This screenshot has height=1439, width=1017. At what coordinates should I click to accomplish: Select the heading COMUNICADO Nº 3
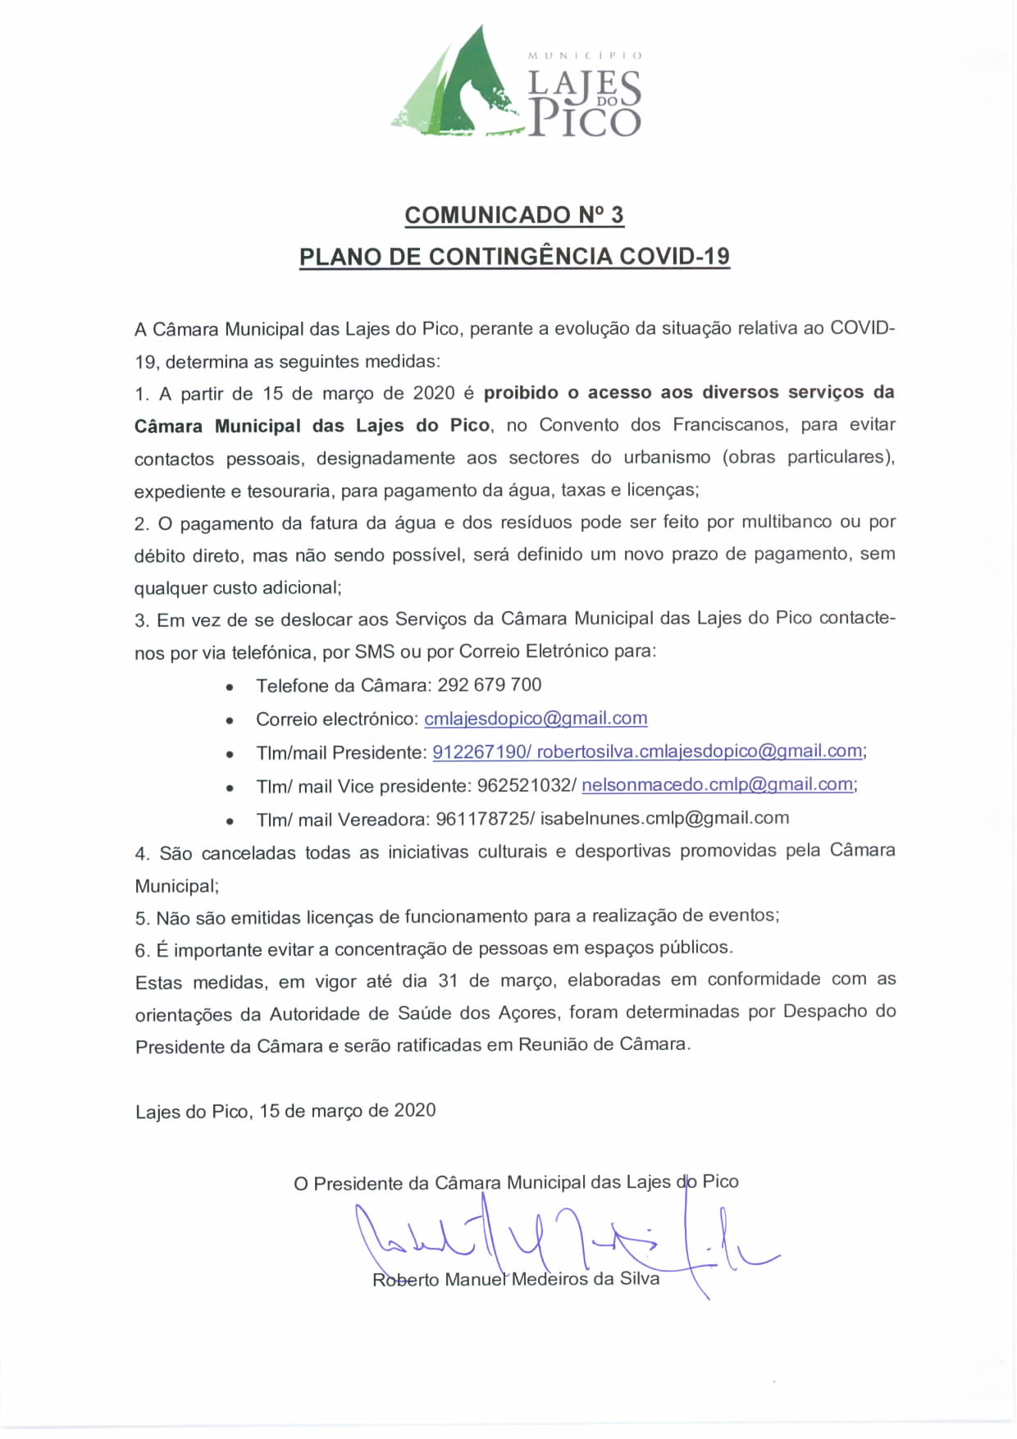point(514,215)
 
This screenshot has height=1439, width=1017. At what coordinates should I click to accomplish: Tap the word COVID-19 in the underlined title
point(674,257)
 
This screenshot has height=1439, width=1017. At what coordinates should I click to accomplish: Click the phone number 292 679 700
point(490,685)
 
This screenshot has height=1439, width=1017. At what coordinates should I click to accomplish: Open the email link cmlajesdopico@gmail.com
point(536,719)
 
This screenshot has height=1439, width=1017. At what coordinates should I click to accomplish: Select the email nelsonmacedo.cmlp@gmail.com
point(718,785)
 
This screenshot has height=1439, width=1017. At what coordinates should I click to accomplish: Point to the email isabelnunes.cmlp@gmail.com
point(664,818)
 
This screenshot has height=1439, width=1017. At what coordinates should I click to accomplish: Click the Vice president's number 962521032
point(523,786)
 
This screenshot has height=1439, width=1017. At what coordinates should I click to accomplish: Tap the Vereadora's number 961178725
point(482,819)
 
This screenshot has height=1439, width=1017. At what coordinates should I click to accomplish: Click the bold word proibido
point(521,393)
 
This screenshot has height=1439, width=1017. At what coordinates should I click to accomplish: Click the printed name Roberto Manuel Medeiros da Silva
point(516,1280)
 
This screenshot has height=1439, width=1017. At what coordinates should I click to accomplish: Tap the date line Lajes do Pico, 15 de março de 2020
point(285,1111)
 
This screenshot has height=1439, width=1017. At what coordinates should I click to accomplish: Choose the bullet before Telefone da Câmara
point(230,687)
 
